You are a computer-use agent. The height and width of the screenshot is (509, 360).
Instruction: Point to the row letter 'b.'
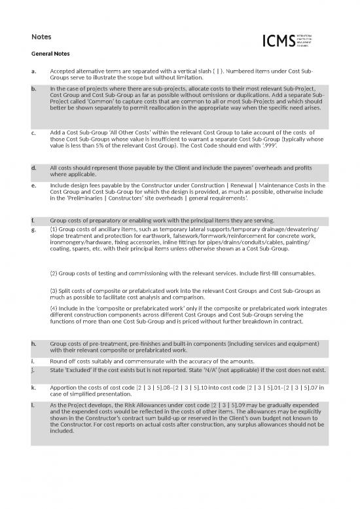click(x=33, y=87)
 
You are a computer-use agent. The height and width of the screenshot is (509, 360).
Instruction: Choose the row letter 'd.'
click(x=33, y=169)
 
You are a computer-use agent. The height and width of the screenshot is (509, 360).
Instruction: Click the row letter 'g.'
click(x=33, y=230)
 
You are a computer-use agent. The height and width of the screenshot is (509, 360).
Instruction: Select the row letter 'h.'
click(x=33, y=343)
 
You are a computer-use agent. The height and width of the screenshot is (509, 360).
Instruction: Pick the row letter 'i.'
click(x=33, y=361)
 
